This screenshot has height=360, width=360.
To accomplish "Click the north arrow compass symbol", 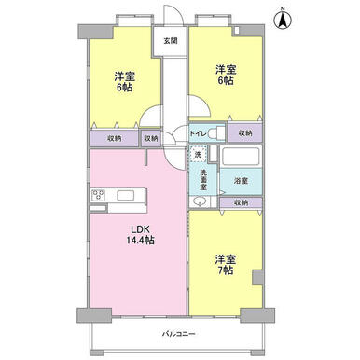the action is pyautogui.click(x=283, y=19).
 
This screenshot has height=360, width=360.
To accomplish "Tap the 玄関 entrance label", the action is pyautogui.click(x=171, y=40).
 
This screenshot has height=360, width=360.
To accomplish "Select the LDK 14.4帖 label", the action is pyautogui.click(x=141, y=235).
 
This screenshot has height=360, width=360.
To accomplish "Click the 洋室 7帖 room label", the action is pyautogui.click(x=226, y=265).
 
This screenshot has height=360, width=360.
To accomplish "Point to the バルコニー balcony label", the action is pyautogui.click(x=179, y=334).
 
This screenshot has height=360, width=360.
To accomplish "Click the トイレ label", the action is pyautogui.click(x=198, y=133).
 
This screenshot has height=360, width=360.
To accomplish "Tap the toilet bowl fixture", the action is pyautogui.click(x=216, y=134).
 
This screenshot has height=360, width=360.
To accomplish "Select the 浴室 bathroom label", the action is pyautogui.click(x=241, y=180).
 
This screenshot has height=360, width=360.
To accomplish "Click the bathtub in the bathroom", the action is pyautogui.click(x=241, y=157).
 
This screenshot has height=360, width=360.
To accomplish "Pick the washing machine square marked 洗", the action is pyautogui.click(x=198, y=154).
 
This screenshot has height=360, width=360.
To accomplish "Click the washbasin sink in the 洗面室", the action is pyautogui.click(x=199, y=201).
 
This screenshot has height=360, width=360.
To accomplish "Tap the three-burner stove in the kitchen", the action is pyautogui.click(x=98, y=196).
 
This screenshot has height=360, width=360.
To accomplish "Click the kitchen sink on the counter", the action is pyautogui.click(x=126, y=196).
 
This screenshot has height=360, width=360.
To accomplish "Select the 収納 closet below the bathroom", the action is pyautogui.click(x=241, y=202).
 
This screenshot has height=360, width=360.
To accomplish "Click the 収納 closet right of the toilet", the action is pyautogui.click(x=245, y=133).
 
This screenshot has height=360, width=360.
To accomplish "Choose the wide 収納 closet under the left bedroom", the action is pyautogui.click(x=114, y=138).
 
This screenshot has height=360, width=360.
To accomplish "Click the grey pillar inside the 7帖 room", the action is pyautogui.click(x=257, y=277).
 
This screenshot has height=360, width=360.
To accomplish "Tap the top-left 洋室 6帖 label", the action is pyautogui.click(x=124, y=82).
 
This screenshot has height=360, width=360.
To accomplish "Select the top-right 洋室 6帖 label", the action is pyautogui.click(x=226, y=75).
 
